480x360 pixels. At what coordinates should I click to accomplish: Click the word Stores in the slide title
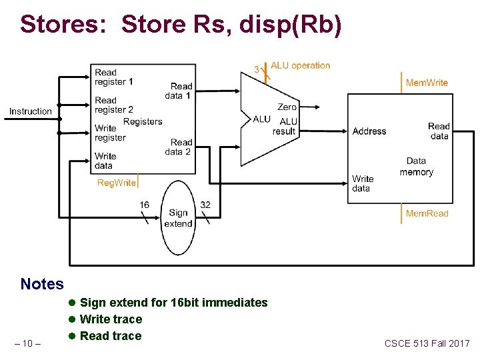64,24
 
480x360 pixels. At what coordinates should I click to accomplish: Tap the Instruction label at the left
31,111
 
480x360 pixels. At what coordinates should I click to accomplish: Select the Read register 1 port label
114,77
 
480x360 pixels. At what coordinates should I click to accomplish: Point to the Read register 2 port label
114,105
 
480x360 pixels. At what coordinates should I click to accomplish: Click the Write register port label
110,133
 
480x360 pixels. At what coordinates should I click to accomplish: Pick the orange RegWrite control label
117,183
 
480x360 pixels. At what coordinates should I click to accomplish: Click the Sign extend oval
178,218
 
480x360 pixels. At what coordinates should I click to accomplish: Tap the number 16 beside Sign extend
145,205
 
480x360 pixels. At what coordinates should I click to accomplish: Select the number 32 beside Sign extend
205,205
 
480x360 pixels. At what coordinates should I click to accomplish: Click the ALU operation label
301,65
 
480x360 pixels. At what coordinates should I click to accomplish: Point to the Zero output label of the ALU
287,107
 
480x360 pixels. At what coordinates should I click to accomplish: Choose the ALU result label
285,127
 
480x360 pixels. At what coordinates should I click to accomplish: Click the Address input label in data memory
369,131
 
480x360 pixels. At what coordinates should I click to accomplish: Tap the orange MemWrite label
427,83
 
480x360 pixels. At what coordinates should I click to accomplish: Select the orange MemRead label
427,213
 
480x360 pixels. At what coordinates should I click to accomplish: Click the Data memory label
417,167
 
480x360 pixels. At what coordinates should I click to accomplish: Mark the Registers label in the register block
143,121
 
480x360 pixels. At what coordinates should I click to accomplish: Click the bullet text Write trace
111,319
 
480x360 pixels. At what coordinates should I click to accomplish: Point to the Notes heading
42,284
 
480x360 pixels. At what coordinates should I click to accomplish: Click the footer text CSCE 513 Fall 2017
427,343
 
